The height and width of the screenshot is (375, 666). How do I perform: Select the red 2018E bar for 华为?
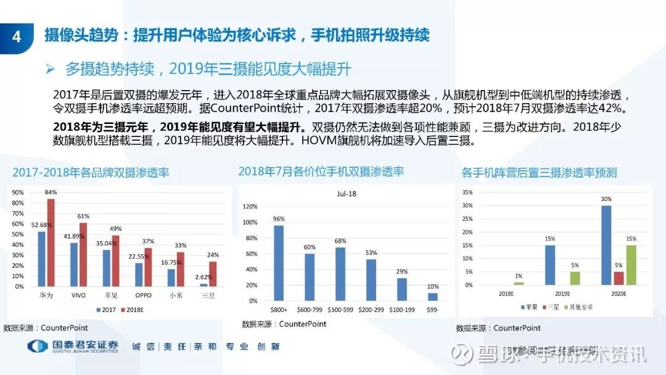point(51,242)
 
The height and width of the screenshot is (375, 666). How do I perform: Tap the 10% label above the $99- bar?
point(434,286)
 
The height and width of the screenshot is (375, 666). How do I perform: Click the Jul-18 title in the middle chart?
point(347,194)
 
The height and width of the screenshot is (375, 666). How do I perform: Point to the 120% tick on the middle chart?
point(250,207)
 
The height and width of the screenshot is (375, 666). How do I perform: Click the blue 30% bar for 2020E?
point(606,245)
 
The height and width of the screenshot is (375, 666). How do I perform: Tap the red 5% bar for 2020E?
point(619,278)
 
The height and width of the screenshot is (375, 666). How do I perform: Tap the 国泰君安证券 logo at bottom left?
point(73,347)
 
